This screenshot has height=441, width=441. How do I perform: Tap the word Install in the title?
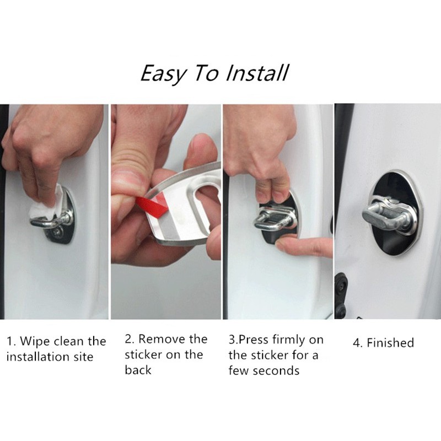tap(257, 73)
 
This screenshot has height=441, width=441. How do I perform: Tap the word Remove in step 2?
tap(162, 339)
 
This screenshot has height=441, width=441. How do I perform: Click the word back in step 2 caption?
tap(138, 370)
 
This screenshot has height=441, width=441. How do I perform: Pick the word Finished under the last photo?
tap(390, 343)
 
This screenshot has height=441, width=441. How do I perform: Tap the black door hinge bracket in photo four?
tap(341, 295)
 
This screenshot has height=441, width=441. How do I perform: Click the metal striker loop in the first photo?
tap(51, 222)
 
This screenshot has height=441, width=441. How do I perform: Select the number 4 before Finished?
tap(357, 343)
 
